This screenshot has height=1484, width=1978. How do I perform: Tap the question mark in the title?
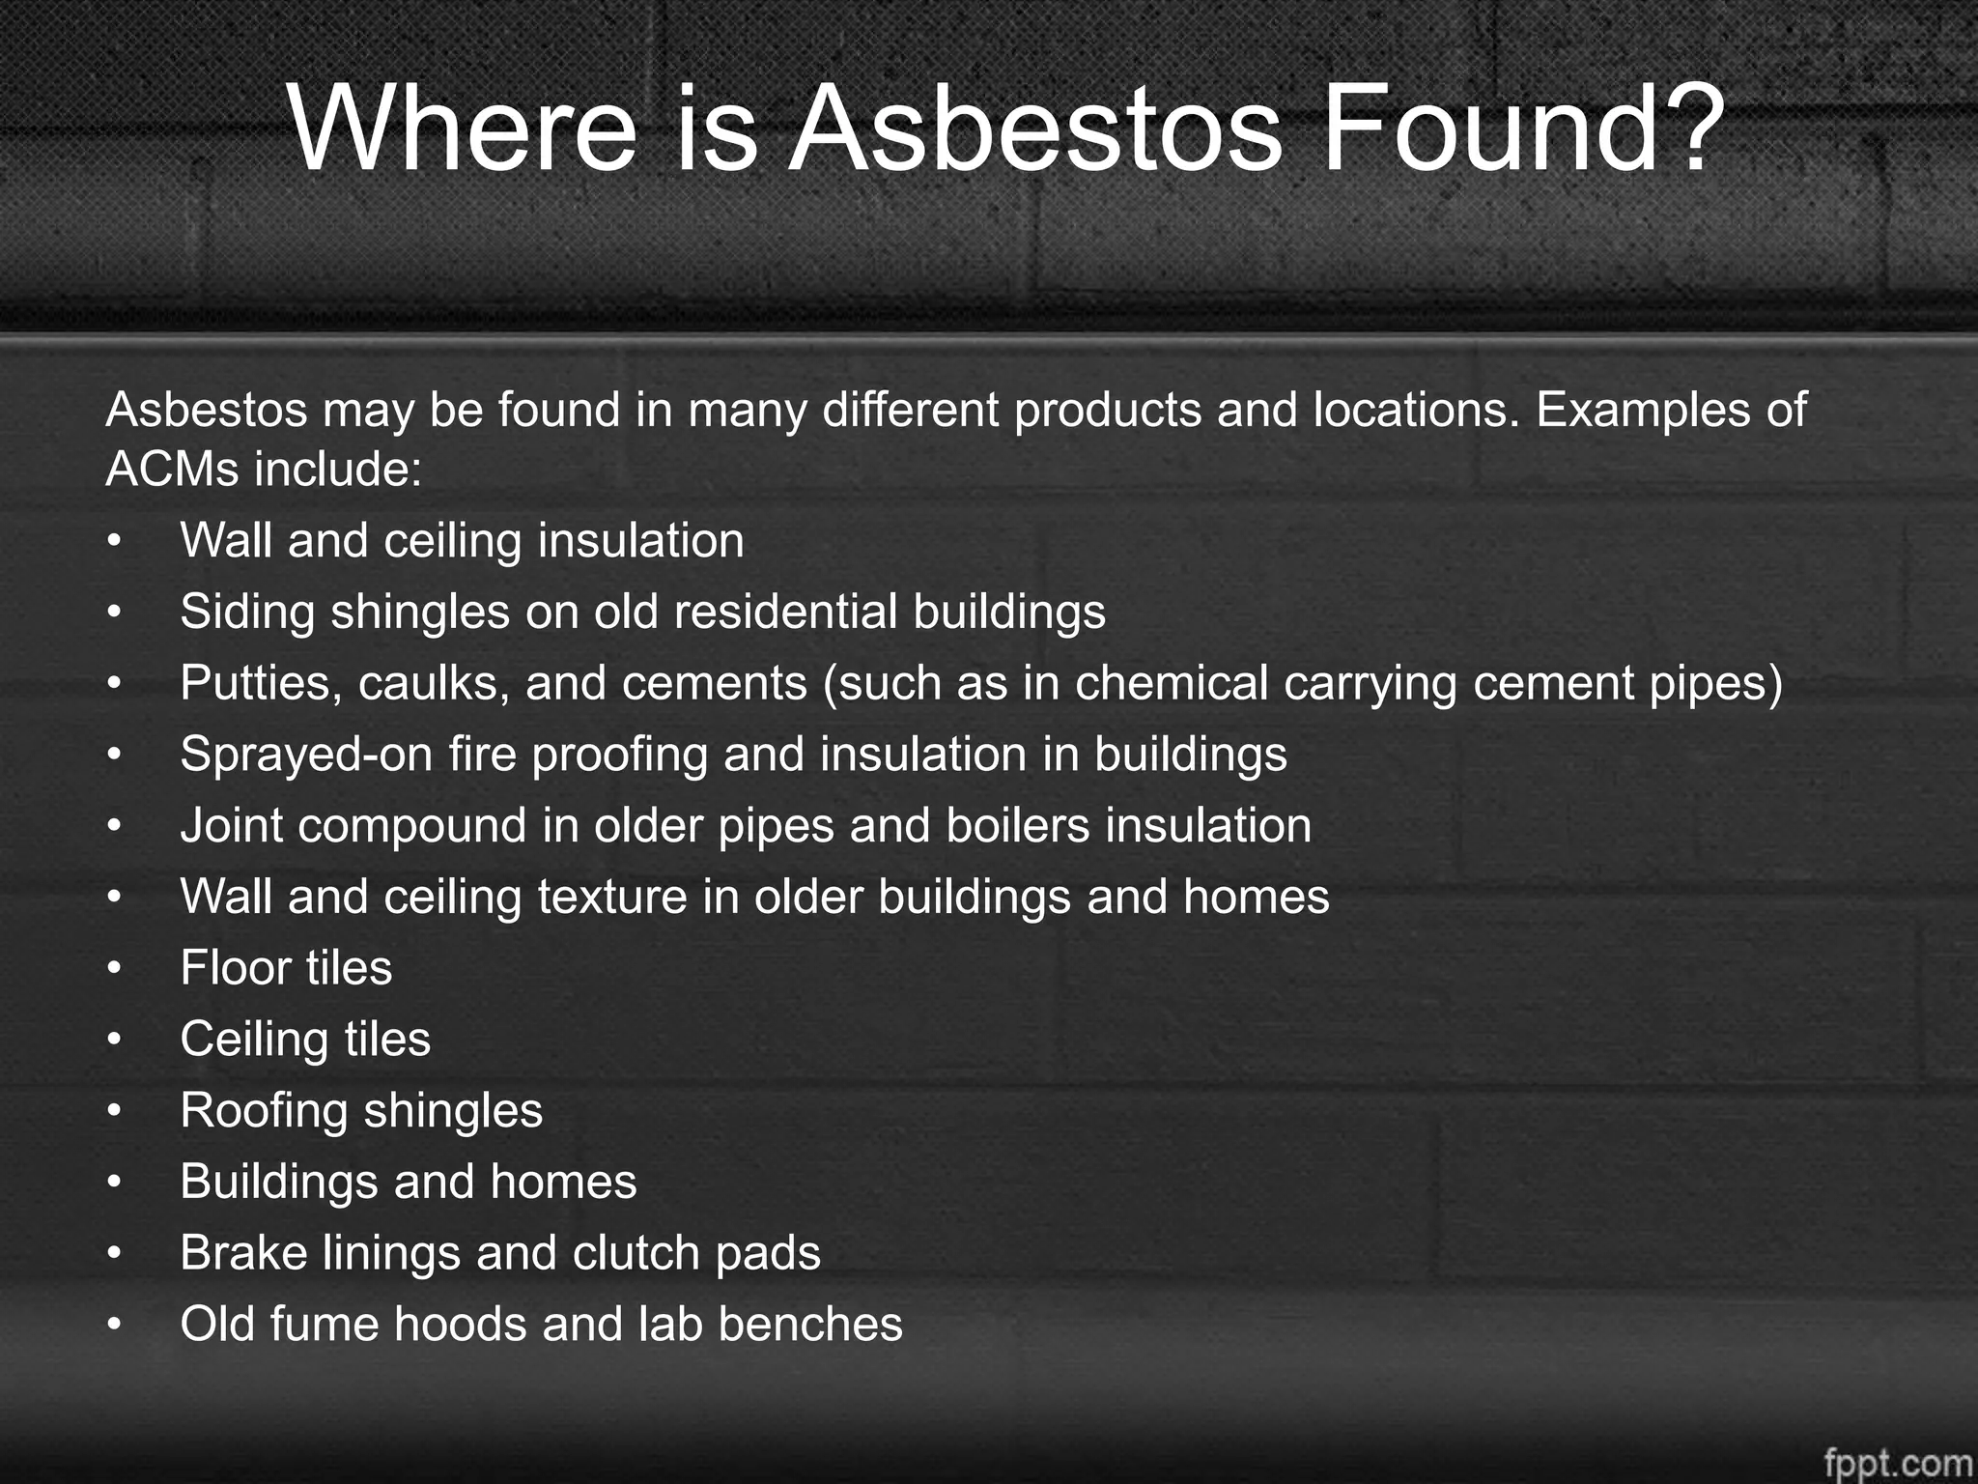(1688, 129)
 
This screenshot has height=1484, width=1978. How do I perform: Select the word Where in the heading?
(463, 129)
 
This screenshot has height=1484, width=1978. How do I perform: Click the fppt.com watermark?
(1898, 1462)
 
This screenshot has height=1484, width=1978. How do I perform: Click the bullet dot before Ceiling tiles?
(115, 1041)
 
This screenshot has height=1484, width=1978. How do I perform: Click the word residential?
(773, 613)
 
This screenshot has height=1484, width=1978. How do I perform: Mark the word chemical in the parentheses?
(1171, 684)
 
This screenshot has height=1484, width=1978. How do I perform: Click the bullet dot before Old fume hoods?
(115, 1326)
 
